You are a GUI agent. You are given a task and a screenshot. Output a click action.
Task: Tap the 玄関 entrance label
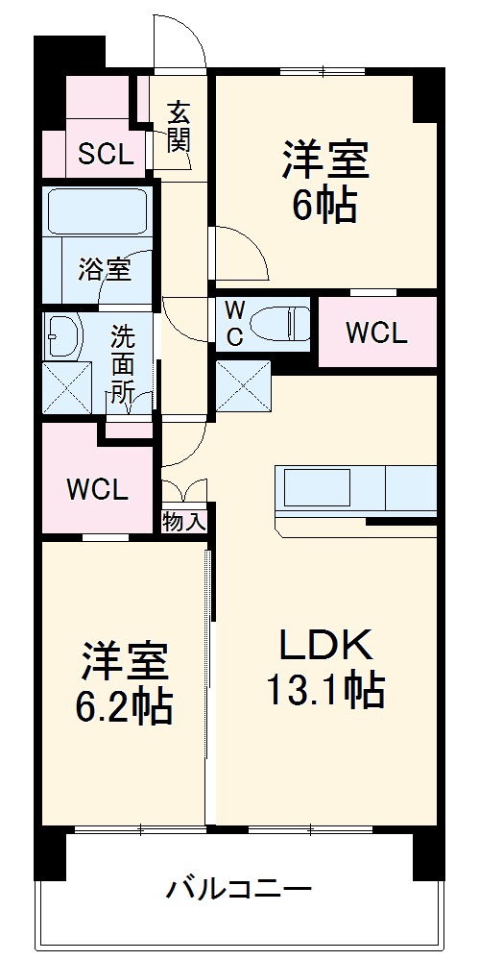pos(179,127)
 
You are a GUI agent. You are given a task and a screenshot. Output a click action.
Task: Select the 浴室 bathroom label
pos(104,268)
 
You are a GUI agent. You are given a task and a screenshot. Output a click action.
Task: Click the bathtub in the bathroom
pos(96,212)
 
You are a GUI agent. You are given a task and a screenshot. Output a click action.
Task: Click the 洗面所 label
pos(122,364)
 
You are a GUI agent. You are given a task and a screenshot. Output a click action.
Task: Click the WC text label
pos(234,323)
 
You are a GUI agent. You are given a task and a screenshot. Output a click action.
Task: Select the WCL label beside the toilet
pos(376,332)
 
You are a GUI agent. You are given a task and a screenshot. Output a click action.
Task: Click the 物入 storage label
pos(183,522)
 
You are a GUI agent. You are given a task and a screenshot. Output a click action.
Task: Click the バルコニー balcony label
pos(239,887)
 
